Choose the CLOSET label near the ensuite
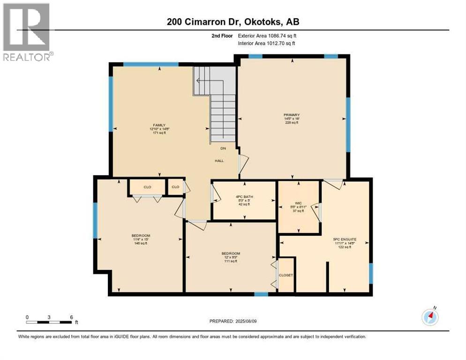[286, 275]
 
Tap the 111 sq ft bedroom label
[230, 257]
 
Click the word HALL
[219, 161]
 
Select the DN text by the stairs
[224, 148]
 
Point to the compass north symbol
[430, 316]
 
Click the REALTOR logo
[26, 32]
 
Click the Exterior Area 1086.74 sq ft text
[267, 36]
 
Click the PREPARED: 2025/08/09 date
[233, 321]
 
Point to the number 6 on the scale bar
[71, 317]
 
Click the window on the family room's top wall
[150, 64]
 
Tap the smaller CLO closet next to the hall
[175, 187]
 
